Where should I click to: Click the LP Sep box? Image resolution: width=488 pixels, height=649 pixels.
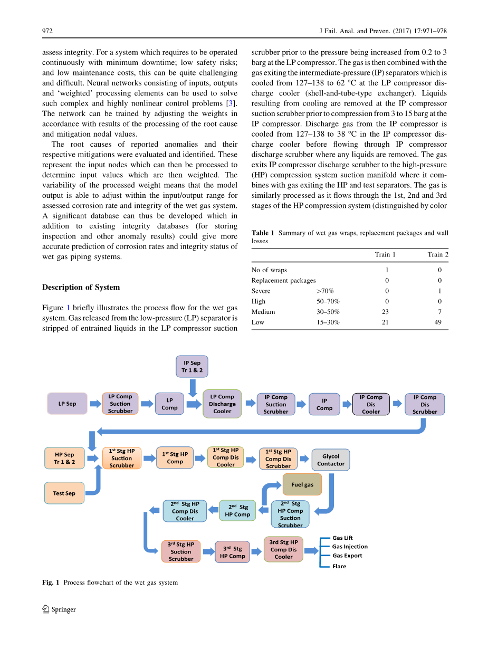67,404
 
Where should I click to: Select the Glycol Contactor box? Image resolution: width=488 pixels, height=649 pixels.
331,460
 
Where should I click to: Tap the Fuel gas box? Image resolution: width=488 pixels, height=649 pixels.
302,484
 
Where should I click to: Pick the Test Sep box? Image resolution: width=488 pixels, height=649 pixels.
64,493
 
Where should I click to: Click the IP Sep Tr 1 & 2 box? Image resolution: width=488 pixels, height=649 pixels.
192,366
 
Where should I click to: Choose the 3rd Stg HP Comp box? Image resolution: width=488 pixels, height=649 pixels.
233,552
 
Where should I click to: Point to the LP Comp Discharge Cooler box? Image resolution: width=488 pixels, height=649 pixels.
222,404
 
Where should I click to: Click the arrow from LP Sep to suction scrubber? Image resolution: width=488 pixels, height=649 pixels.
95,404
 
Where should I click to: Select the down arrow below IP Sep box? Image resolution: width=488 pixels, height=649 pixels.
192,387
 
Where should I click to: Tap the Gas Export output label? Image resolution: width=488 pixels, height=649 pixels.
347,556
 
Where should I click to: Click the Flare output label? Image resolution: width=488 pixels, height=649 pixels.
339,566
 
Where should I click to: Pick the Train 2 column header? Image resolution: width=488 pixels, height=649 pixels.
438,254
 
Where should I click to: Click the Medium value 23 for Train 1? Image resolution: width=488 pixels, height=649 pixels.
385,312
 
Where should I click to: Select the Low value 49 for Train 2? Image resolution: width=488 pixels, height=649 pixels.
438,322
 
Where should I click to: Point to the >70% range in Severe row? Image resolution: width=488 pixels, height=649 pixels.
325,291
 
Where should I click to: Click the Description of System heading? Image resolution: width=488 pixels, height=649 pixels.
81,288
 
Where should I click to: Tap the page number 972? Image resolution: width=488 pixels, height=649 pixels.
47,31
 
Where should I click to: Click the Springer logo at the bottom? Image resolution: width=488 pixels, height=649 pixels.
59,609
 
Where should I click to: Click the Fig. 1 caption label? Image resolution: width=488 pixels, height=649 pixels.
51,583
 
